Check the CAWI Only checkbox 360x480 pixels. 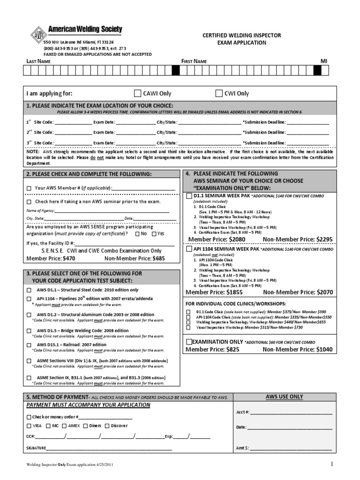tap(137, 93)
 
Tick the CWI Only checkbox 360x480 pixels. tap(218, 93)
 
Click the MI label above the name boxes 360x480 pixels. tap(323, 61)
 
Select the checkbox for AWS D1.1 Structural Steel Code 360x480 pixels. tap(29, 290)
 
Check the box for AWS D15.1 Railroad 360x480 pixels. tap(29, 345)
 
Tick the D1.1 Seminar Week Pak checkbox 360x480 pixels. tap(188, 195)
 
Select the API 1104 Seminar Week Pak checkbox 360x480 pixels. tap(188, 249)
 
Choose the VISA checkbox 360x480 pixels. tap(29, 426)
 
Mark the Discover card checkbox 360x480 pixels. tap(107, 426)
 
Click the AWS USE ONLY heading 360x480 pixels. tap(284, 397)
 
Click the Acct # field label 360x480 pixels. tap(242, 412)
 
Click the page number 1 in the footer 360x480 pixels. tap(331, 464)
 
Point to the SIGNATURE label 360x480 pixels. tap(36, 448)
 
